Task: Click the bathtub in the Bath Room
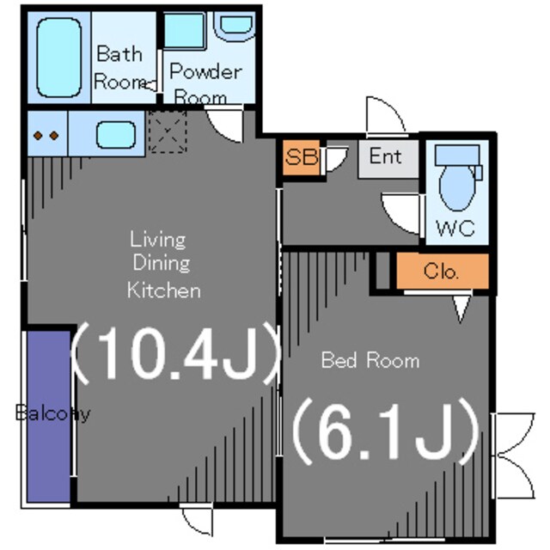point(59,58)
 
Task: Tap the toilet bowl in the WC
point(457,188)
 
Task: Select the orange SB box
point(302,157)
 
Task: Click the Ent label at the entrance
point(386,156)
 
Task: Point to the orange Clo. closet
point(443,272)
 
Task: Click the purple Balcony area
point(49,417)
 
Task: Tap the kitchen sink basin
point(116,135)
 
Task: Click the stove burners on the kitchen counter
point(46,136)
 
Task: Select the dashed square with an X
point(168,131)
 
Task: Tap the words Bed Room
point(370,360)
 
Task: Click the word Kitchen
point(164,290)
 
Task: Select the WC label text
point(455,229)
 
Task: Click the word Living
point(158,241)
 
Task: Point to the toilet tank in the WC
point(457,156)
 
